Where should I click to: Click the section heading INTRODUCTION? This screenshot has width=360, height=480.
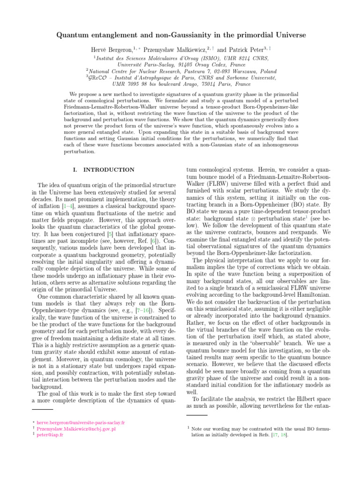(x=110, y=170)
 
